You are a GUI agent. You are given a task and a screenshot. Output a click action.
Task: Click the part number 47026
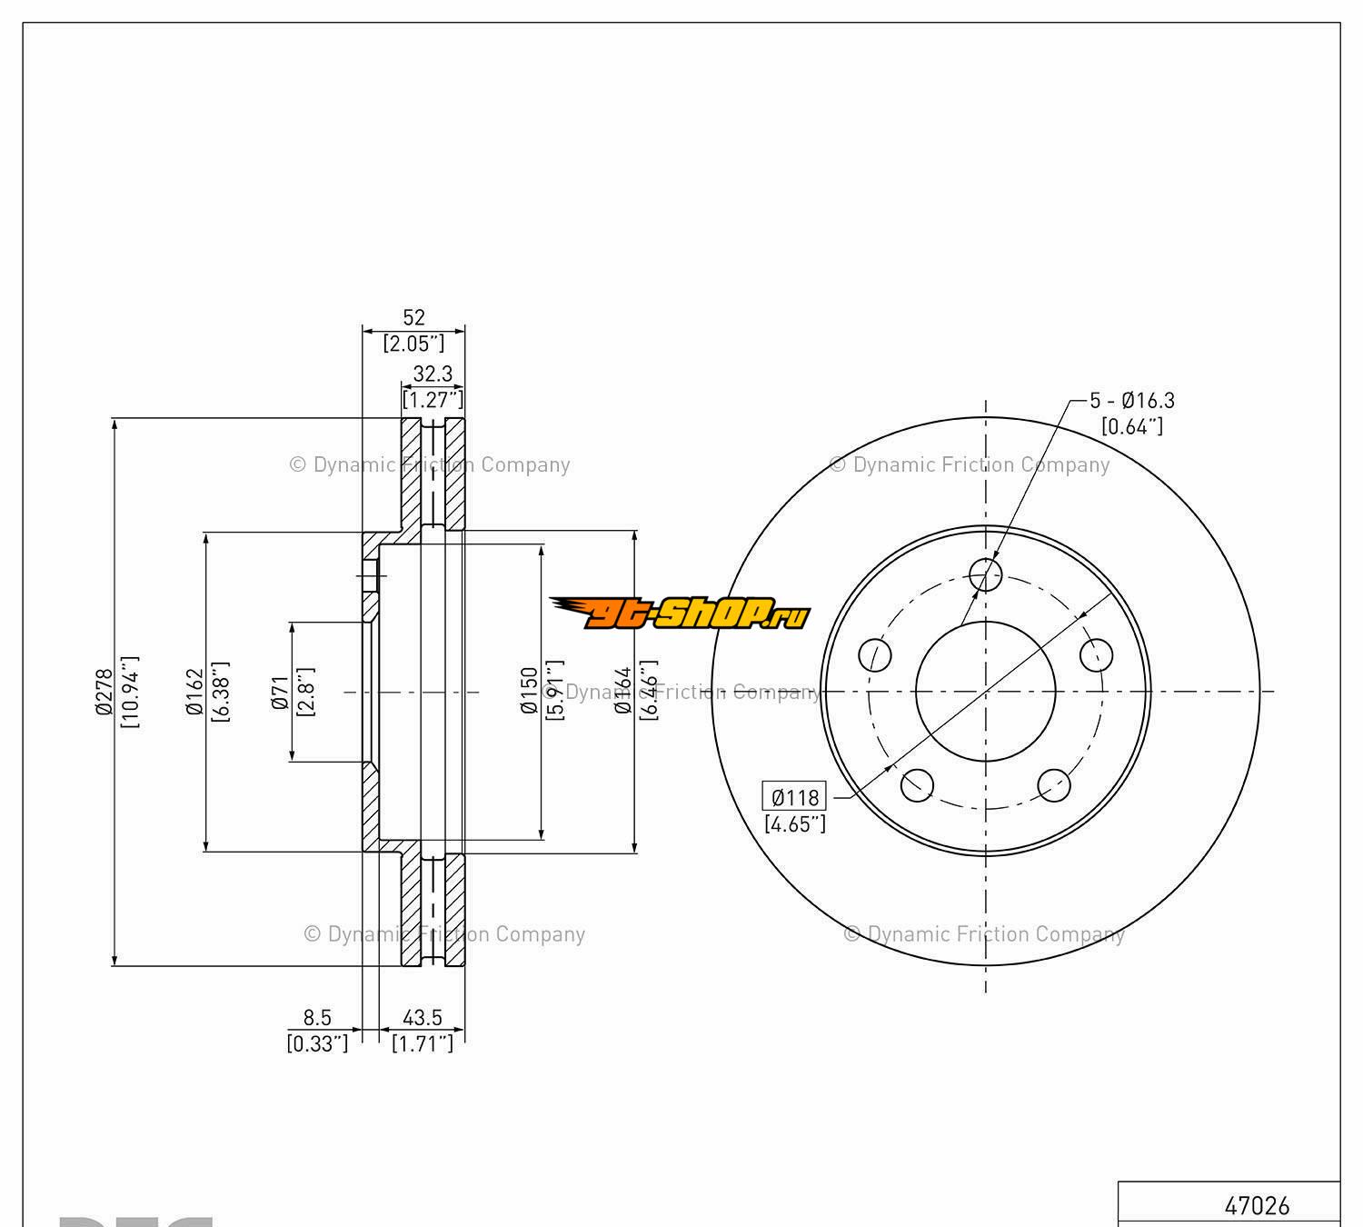click(x=1257, y=1205)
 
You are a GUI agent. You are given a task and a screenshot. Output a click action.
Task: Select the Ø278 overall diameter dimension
click(x=104, y=692)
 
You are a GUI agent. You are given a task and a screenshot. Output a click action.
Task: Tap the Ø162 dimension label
click(x=194, y=692)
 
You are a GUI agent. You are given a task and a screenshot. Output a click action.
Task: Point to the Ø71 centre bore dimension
click(x=281, y=692)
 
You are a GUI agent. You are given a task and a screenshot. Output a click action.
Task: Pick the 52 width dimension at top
click(x=413, y=317)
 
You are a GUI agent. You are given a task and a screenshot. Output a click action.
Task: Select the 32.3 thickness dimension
click(x=433, y=374)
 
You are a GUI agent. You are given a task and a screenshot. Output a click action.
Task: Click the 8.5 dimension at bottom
click(x=317, y=1018)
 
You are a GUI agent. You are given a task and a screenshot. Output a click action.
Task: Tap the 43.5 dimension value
click(x=423, y=1018)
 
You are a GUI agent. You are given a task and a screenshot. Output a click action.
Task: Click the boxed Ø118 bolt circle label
click(x=795, y=797)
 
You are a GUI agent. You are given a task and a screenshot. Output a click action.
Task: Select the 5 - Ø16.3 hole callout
click(x=1132, y=400)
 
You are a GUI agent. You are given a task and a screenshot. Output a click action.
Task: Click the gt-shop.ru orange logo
click(x=680, y=614)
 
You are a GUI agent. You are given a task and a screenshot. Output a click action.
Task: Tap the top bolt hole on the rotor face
click(x=985, y=574)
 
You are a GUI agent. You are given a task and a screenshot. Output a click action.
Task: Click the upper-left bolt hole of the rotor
click(x=875, y=654)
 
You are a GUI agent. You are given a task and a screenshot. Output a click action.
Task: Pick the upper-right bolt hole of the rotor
click(x=1096, y=653)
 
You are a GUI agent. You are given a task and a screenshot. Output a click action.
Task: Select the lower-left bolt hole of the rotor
click(x=917, y=784)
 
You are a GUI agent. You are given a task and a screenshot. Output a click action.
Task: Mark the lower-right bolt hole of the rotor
click(x=1054, y=784)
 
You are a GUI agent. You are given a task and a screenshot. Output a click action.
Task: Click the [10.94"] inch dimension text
click(x=130, y=692)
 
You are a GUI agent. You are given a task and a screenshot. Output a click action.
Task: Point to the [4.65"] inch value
click(x=795, y=824)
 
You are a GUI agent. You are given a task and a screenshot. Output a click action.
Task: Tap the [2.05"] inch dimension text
click(x=413, y=344)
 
